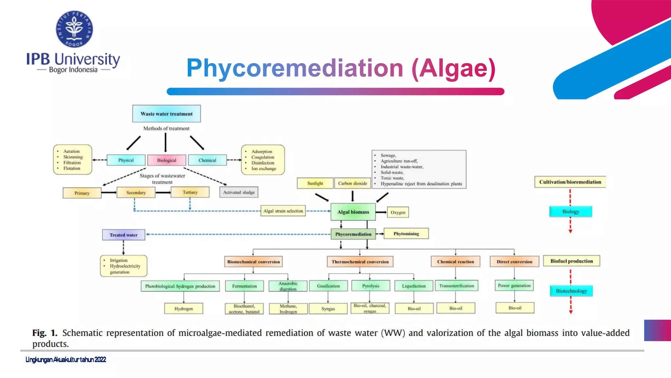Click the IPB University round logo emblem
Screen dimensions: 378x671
click(74, 29)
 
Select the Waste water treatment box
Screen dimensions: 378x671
click(166, 114)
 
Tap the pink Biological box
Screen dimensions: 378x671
click(166, 160)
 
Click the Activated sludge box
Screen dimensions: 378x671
click(239, 192)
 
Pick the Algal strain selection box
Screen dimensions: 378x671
click(283, 211)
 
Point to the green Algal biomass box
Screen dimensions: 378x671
click(353, 212)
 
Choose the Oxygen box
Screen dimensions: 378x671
click(398, 212)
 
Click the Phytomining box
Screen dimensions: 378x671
click(406, 234)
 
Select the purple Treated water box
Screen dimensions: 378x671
click(124, 235)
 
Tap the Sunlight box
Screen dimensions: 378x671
click(315, 183)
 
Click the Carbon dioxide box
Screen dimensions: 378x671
click(353, 183)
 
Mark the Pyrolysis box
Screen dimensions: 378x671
click(371, 286)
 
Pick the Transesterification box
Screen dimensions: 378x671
click(456, 286)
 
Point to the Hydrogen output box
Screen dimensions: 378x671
click(183, 308)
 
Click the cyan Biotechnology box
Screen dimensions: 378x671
click(571, 291)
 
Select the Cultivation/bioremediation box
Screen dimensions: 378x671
click(570, 182)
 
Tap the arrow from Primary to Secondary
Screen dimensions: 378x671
click(109, 192)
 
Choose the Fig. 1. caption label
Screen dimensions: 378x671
click(45, 333)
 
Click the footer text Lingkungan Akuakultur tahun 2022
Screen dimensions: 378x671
click(66, 360)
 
